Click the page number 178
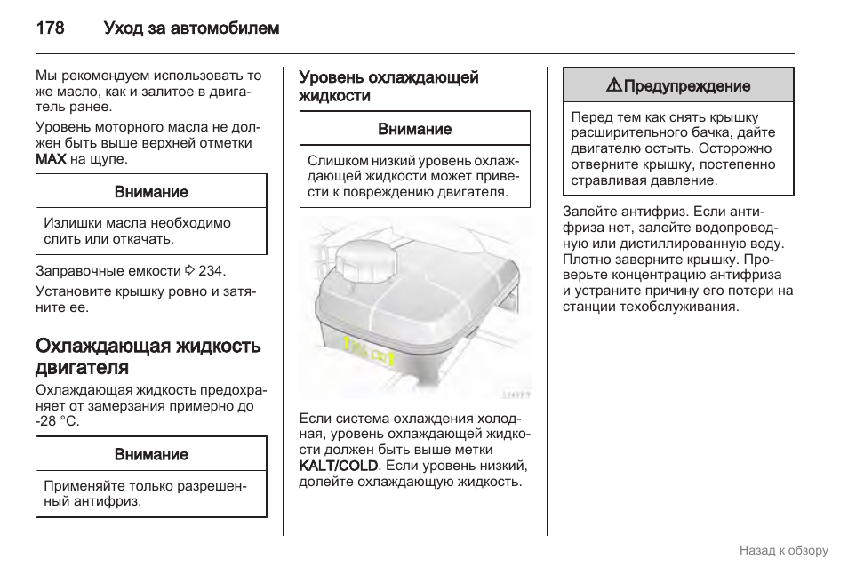pyautogui.click(x=50, y=28)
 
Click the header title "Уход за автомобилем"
pyautogui.click(x=191, y=28)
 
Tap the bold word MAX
pyautogui.click(x=51, y=159)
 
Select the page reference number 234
pyautogui.click(x=212, y=270)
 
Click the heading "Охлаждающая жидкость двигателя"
pyautogui.click(x=148, y=356)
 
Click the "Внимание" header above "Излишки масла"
pyautogui.click(x=151, y=192)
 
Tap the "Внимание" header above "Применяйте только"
pyautogui.click(x=151, y=454)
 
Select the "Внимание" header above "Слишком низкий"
pyautogui.click(x=414, y=129)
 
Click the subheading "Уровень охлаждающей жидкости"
pyautogui.click(x=388, y=86)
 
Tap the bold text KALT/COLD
pyautogui.click(x=339, y=466)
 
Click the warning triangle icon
pyautogui.click(x=613, y=86)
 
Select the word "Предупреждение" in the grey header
pyautogui.click(x=686, y=86)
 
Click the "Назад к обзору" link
pyautogui.click(x=783, y=550)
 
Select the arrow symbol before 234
pyautogui.click(x=189, y=270)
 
